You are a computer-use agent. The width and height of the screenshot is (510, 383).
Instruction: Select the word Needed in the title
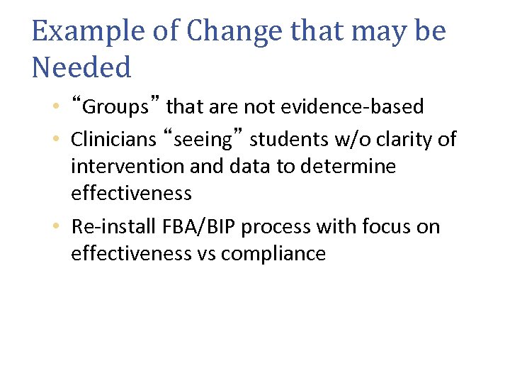[x=82, y=68]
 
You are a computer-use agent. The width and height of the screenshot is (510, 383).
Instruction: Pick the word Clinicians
[x=113, y=140]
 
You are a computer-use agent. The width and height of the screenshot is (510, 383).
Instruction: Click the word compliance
[x=273, y=255]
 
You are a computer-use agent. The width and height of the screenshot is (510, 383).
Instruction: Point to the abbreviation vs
[x=205, y=254]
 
